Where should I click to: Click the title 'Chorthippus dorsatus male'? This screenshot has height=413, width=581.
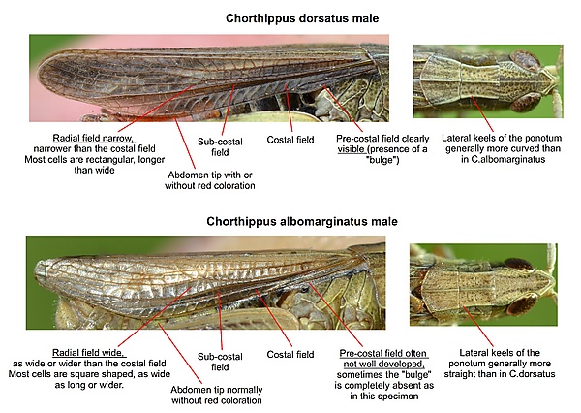tap(302, 18)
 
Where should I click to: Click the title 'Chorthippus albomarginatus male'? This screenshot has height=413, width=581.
tap(302, 222)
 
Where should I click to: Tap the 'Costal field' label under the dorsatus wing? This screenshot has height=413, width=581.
tap(290, 140)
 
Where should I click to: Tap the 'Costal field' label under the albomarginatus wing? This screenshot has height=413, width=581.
tap(290, 355)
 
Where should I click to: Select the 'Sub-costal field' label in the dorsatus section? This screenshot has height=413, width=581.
tap(220, 147)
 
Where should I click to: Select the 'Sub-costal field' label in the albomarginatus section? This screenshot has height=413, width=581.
tap(220, 362)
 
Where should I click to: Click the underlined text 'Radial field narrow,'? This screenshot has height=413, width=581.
tap(93, 138)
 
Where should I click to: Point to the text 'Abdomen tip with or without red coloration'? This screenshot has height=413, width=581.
tap(210, 180)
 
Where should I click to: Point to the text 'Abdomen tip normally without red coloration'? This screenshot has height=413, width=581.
tap(216, 396)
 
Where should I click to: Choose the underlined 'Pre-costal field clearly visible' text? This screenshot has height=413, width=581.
tap(382, 144)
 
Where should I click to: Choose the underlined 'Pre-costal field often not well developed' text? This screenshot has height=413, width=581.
tap(383, 359)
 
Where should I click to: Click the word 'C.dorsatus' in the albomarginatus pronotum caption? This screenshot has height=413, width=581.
tap(532, 374)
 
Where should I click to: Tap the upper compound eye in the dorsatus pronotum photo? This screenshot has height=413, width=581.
tap(525, 60)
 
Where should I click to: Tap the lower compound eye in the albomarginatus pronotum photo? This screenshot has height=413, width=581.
tap(522, 304)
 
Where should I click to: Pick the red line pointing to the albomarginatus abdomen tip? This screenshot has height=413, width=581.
tap(180, 353)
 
